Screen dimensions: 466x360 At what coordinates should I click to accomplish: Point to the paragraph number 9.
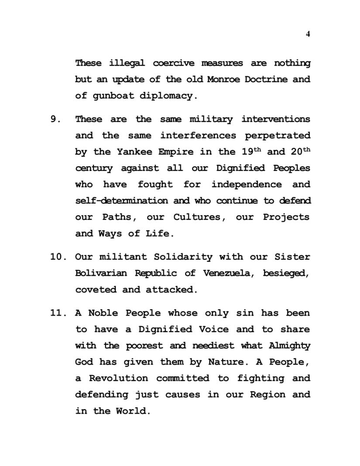click(x=54, y=119)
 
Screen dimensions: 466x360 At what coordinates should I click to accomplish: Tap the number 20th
click(x=299, y=151)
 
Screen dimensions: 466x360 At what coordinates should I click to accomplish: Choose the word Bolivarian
click(x=101, y=274)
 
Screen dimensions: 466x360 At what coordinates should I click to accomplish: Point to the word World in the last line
click(x=130, y=411)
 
